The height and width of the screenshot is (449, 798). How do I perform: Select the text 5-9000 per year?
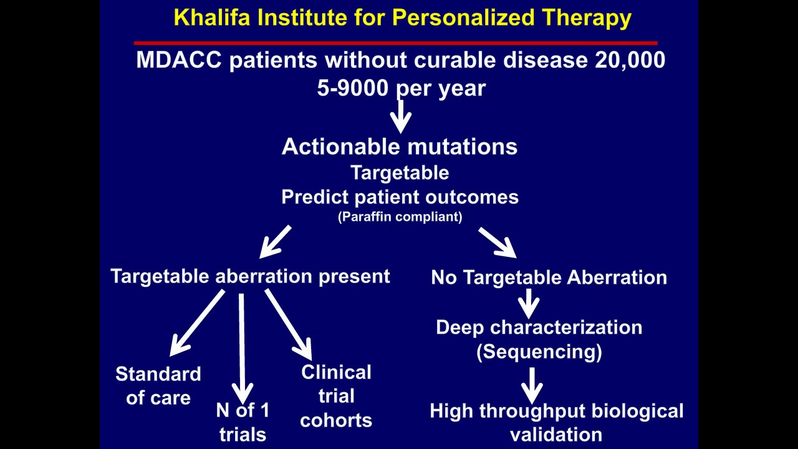point(401,89)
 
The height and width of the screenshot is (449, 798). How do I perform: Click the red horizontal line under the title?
point(395,43)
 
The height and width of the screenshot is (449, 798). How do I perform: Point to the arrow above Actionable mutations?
point(400,116)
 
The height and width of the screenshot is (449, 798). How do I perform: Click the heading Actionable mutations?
point(400,147)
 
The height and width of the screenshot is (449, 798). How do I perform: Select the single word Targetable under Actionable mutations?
point(400,173)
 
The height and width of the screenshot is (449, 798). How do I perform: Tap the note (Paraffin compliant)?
point(400,217)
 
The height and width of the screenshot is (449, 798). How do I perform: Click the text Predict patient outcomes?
point(400,197)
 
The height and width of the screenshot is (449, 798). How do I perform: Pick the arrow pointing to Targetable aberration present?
point(274,242)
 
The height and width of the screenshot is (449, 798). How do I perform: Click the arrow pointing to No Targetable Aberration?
point(498,243)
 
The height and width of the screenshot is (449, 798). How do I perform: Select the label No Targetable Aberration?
point(549,278)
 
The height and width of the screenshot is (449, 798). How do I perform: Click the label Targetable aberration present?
point(250,276)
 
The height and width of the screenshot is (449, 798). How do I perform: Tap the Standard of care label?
point(158,386)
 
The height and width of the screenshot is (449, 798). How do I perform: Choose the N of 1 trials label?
point(243,422)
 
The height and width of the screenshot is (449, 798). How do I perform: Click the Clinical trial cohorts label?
point(336,396)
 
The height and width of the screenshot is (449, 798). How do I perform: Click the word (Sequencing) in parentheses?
point(539,352)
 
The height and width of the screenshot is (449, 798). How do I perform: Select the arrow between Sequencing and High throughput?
point(532,385)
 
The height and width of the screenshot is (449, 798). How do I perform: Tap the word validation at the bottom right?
point(556,435)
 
